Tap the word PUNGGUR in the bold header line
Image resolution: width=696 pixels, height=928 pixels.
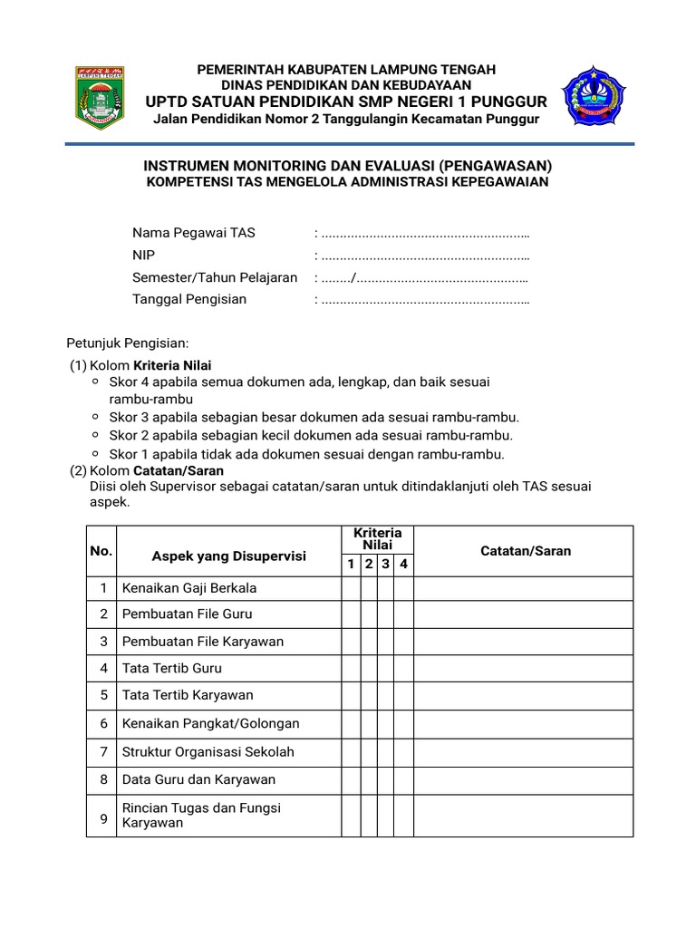point(508,101)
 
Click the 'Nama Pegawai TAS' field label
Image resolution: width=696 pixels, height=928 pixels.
point(194,233)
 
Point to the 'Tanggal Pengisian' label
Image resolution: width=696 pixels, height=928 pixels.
point(189,299)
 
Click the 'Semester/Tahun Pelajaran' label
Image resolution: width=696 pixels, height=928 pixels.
point(215,277)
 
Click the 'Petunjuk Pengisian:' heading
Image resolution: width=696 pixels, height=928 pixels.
point(128,343)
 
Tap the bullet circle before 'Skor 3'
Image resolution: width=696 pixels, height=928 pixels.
point(95,417)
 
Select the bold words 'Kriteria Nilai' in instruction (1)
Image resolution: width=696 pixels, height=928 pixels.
point(172,365)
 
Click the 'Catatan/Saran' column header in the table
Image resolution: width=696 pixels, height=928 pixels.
point(526,551)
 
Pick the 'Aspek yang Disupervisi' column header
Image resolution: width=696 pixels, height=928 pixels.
point(228,556)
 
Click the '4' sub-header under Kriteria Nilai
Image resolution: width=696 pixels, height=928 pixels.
point(404,565)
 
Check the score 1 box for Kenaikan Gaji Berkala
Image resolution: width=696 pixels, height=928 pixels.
point(351,588)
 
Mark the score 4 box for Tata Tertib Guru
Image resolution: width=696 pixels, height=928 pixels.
point(404,668)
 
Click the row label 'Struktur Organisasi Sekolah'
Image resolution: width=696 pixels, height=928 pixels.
point(208,751)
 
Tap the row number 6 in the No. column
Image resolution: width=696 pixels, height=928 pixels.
point(104,723)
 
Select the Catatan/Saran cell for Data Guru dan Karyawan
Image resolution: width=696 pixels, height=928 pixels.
point(523,779)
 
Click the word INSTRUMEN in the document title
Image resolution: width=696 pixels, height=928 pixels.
point(188,167)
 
